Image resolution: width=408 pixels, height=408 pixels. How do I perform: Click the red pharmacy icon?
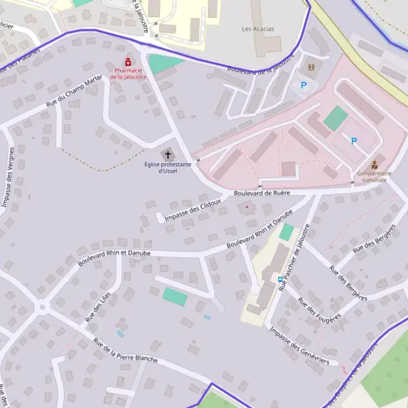coord(127,63)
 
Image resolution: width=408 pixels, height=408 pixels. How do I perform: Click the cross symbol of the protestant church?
coord(168,155)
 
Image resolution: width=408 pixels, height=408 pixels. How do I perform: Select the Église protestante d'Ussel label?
coord(167,167)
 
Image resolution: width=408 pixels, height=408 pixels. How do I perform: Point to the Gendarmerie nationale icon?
coord(374,164)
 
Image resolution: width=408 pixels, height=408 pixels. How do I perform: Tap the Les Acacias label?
coord(256,29)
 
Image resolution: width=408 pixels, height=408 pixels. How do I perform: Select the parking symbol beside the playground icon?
coord(304,86)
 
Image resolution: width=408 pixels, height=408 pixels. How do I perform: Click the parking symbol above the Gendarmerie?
coord(354,141)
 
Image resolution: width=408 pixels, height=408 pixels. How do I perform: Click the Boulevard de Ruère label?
coord(262,193)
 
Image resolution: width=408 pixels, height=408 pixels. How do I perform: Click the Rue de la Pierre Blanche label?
coord(126,350)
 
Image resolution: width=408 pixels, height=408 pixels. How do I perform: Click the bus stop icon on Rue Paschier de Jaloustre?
coord(280,279)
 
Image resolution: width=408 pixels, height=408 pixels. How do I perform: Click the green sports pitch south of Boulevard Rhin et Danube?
coord(175,296)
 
